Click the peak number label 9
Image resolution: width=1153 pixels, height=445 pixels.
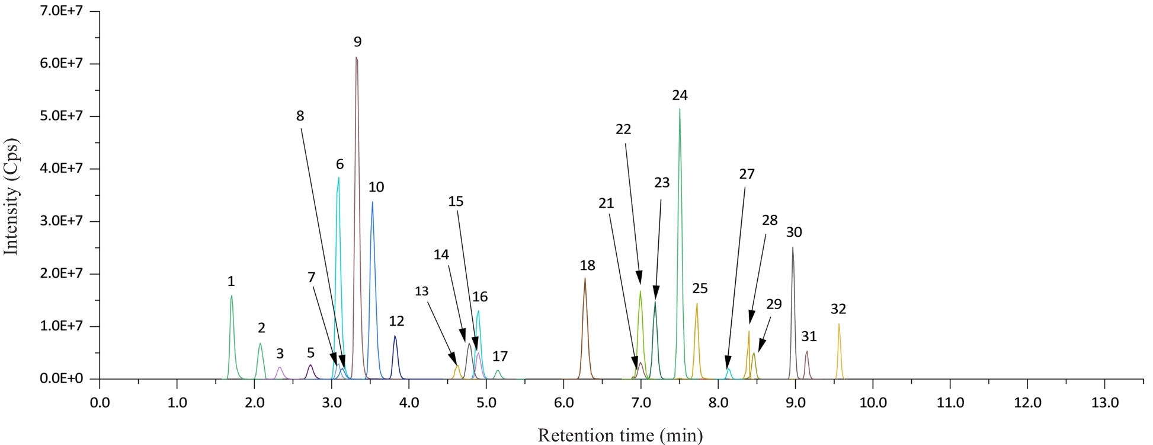[x=357, y=42]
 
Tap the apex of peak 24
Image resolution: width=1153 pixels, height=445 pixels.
[x=680, y=109]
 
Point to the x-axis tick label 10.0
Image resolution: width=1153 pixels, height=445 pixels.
[x=873, y=403]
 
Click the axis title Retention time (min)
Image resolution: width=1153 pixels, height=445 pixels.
[x=620, y=436]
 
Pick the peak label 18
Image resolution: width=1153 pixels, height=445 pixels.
[x=587, y=266]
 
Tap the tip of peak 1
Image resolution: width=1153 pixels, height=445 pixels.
[x=231, y=295]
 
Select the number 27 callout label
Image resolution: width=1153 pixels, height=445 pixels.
[x=747, y=174]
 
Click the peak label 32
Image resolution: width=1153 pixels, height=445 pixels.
[x=838, y=309]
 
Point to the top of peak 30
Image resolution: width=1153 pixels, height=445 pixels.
[x=792, y=247]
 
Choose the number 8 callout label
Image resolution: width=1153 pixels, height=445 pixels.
[x=300, y=116]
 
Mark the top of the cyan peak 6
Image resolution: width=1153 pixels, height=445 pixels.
[x=338, y=177]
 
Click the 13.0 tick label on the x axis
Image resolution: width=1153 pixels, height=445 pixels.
[x=1104, y=403]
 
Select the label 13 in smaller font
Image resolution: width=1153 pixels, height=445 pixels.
[x=421, y=291]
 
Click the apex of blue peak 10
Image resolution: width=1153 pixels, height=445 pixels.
[x=372, y=202]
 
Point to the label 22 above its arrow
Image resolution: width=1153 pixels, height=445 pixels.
[x=623, y=129]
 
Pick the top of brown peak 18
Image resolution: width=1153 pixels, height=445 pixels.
[x=585, y=278]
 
